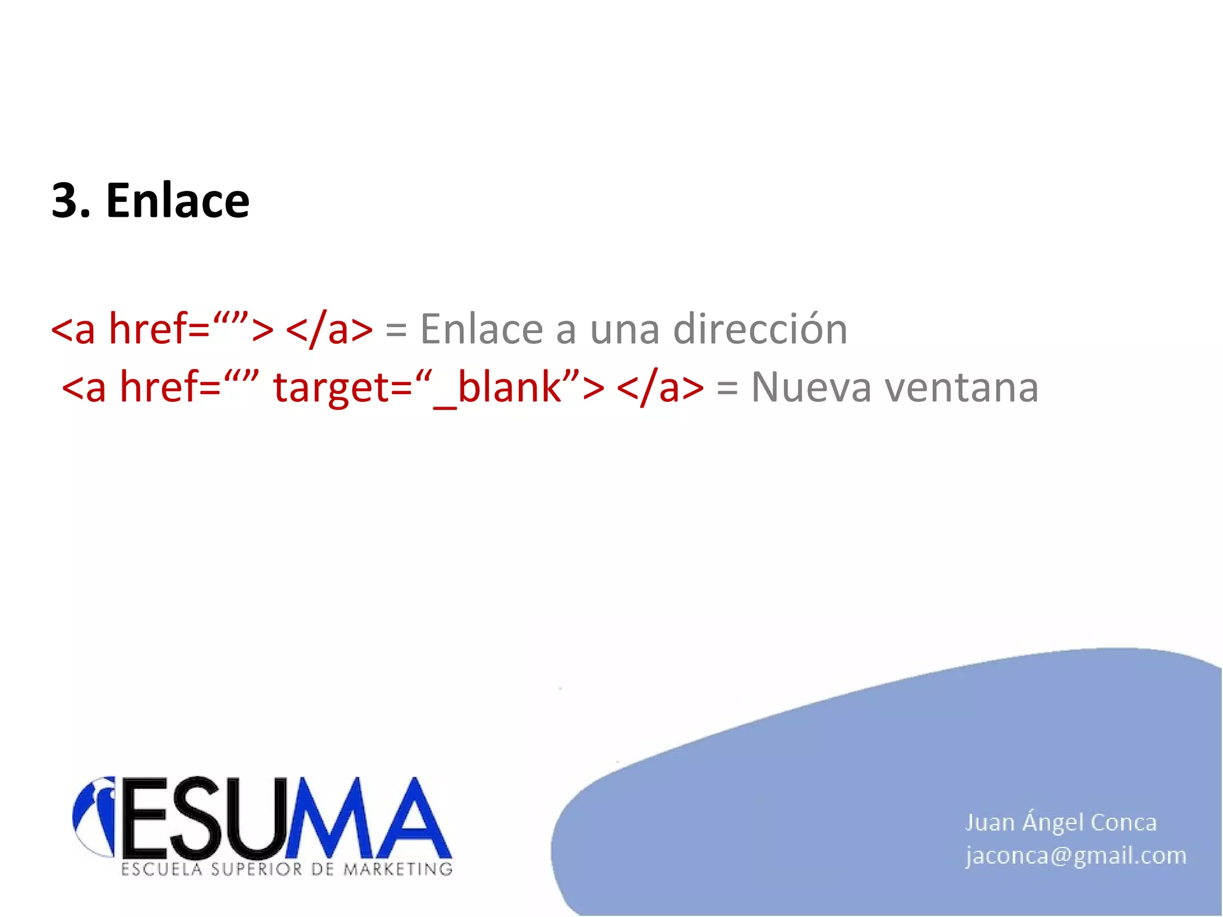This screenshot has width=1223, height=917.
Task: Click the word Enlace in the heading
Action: coord(177,201)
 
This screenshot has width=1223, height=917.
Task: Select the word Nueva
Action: coord(812,387)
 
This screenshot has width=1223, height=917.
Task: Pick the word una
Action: coord(625,330)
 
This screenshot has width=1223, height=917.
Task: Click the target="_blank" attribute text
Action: coord(439,387)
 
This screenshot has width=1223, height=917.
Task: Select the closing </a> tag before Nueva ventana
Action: coord(660,387)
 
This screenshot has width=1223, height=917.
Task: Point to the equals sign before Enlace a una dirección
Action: coord(396,330)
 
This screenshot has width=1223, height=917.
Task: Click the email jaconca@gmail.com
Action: coord(1075,856)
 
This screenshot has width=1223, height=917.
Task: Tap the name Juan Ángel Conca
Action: coord(1061,822)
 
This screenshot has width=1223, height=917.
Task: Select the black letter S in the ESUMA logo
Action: coord(201,817)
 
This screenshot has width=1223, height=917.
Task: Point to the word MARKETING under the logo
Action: coord(398,869)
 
